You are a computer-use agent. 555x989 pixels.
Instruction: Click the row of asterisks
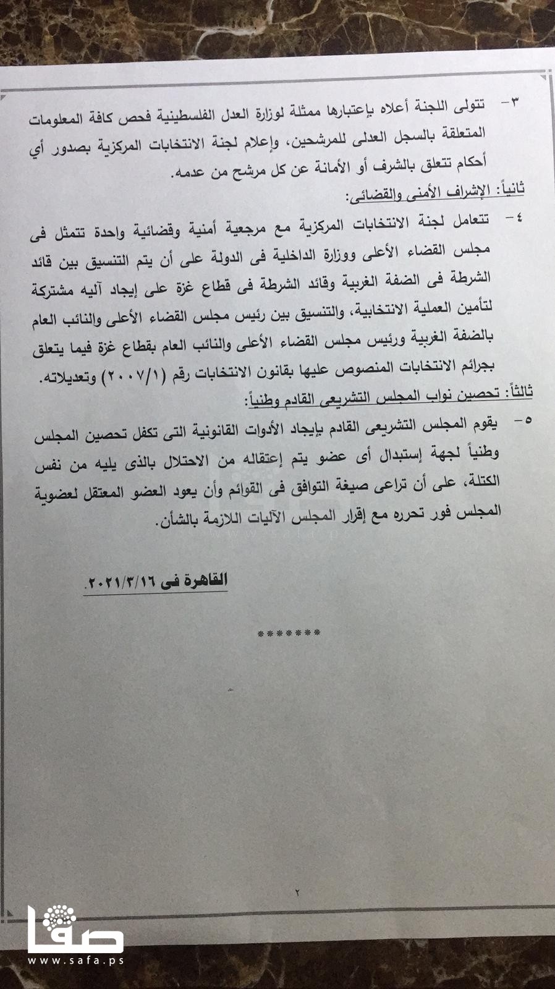click(288, 634)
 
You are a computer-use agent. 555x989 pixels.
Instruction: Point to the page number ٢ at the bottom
click(297, 893)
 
